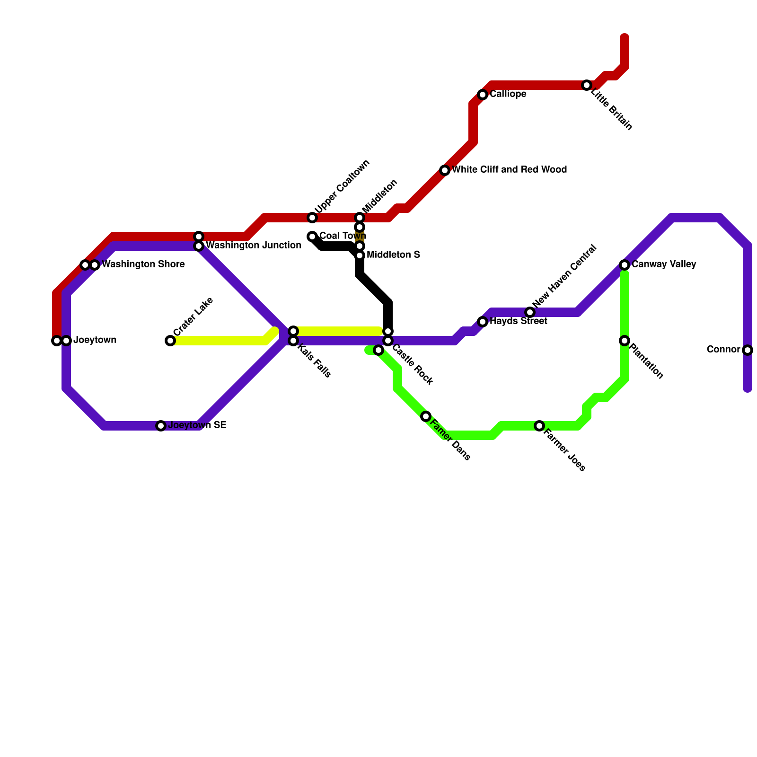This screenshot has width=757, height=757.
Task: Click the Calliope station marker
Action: pyautogui.click(x=483, y=95)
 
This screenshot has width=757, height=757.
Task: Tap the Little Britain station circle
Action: pyautogui.click(x=587, y=85)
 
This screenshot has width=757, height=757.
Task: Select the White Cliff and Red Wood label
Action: pyautogui.click(x=509, y=170)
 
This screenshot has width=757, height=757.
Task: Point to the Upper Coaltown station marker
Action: pyautogui.click(x=312, y=218)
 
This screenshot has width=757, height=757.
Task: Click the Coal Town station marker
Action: pyautogui.click(x=312, y=237)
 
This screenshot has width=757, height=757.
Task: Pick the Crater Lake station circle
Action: pyautogui.click(x=170, y=341)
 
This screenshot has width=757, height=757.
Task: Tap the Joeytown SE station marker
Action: pyautogui.click(x=161, y=426)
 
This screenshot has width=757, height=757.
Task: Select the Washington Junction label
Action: pyautogui.click(x=254, y=246)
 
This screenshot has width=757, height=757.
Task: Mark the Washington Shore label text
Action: pyautogui.click(x=143, y=264)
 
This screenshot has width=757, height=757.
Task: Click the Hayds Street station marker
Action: pyautogui.click(x=483, y=322)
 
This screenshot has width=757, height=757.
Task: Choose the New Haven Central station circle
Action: pyautogui.click(x=530, y=312)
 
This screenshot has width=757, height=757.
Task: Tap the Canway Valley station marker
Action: pyautogui.click(x=625, y=265)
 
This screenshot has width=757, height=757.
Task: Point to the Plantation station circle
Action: pyautogui.click(x=625, y=341)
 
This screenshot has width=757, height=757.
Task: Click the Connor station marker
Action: pyautogui.click(x=748, y=350)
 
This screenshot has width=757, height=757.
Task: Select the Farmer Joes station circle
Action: pyautogui.click(x=539, y=426)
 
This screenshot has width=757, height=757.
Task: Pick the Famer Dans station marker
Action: pyautogui.click(x=426, y=416)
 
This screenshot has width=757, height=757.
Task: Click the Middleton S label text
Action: pyautogui.click(x=393, y=255)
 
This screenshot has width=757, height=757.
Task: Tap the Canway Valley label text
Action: pyautogui.click(x=663, y=264)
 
